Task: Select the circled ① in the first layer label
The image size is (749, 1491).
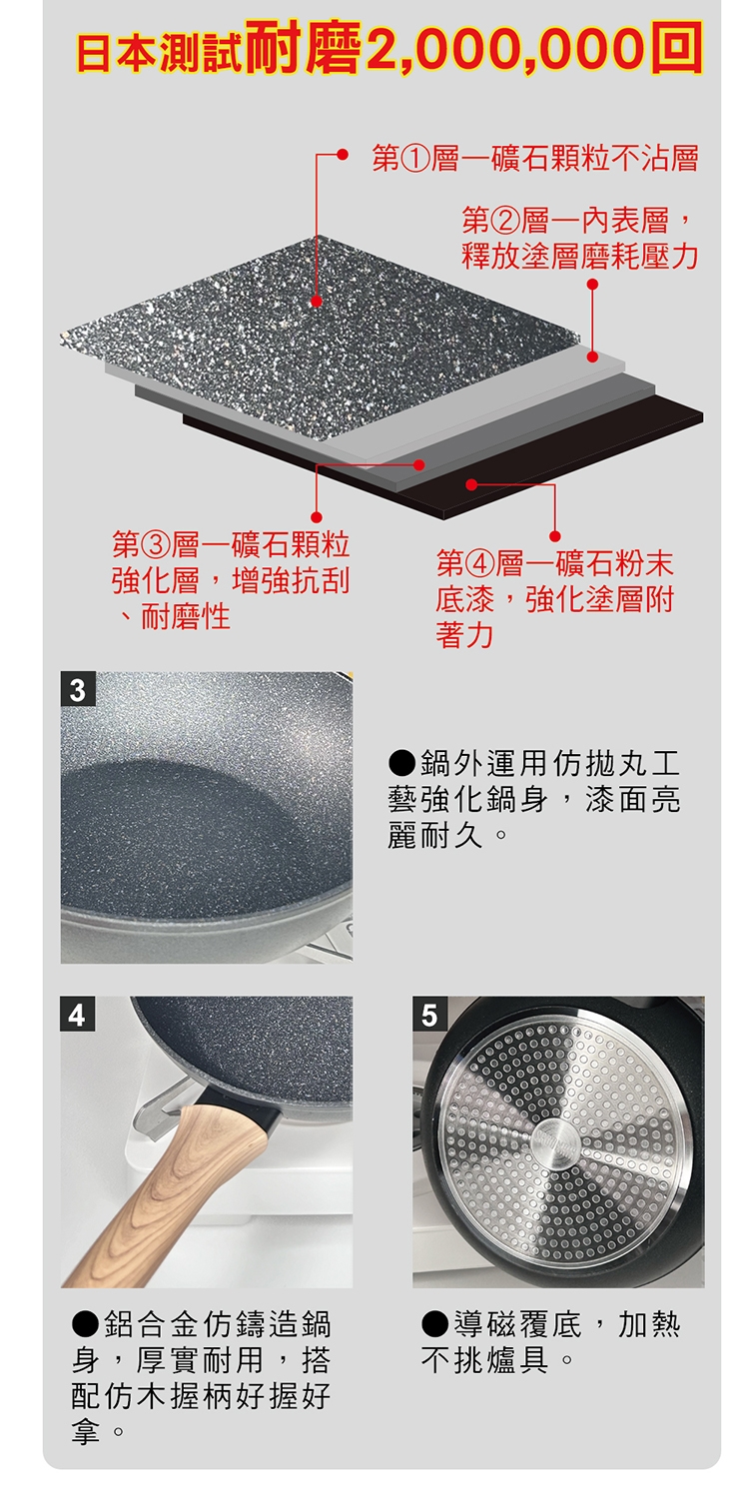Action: tap(413, 160)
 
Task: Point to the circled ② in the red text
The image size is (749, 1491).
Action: tap(504, 222)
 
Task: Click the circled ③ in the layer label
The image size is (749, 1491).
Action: tap(155, 545)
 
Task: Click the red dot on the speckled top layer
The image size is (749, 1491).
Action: tap(317, 301)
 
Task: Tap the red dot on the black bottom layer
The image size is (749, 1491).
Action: tap(471, 484)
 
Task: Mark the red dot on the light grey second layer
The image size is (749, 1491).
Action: tap(592, 357)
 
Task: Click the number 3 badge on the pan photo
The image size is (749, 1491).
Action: tap(78, 690)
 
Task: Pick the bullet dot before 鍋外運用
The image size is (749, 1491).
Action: tap(402, 763)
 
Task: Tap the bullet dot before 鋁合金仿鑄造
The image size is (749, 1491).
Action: tap(87, 1324)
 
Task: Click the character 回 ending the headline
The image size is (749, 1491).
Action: tap(676, 48)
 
